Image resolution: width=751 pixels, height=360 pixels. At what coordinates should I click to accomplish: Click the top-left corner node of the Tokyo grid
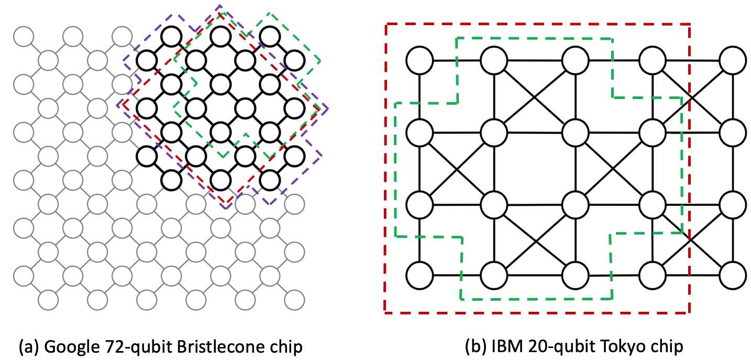click(419, 60)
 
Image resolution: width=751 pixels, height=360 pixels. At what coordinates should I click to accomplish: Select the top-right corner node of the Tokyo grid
click(733, 60)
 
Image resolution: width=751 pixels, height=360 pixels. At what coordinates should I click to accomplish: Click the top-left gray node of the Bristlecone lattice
click(24, 37)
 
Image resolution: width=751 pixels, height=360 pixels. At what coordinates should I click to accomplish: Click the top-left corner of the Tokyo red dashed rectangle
click(385, 24)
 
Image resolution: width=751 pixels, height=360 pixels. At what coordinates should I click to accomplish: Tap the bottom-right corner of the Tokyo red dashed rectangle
click(690, 312)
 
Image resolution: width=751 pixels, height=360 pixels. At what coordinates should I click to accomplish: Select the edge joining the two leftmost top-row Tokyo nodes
click(456, 60)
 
